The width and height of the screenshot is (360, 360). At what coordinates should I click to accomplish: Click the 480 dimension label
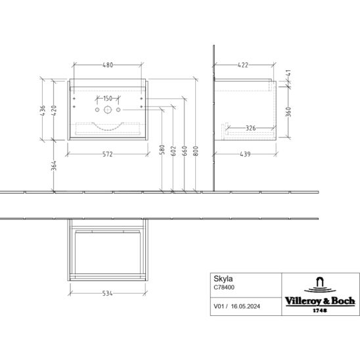108,65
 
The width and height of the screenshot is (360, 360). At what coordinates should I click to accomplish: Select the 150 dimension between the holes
108,99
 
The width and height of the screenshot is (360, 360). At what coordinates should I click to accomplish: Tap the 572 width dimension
108,154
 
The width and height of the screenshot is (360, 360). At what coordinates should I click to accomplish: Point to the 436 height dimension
43,110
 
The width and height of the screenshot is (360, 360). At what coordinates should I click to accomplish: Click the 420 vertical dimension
54,110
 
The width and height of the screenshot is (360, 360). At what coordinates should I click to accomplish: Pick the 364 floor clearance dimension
54,166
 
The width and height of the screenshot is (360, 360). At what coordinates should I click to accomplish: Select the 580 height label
162,150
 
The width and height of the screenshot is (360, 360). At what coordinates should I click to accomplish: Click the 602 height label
173,151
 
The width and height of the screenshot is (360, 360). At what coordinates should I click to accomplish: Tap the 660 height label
185,151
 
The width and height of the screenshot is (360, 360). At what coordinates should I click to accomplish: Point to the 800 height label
196,151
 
